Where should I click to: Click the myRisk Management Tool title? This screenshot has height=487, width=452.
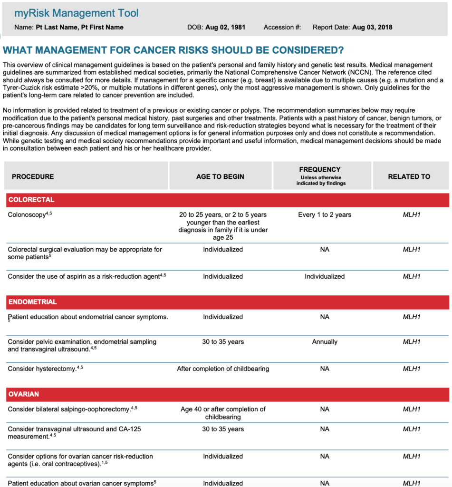[77, 13]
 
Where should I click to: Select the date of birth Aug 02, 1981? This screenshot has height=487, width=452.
[225, 27]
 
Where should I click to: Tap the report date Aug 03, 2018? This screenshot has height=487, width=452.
[372, 27]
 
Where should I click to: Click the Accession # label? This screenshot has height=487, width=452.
[282, 27]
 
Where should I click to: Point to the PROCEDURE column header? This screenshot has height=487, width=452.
[33, 176]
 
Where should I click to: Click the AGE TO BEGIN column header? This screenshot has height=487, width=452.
[220, 176]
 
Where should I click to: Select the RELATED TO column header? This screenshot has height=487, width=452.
[409, 176]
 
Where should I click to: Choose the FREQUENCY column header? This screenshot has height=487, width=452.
[320, 170]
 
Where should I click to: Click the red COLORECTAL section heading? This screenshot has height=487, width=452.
[31, 200]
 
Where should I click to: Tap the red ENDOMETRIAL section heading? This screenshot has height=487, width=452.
[32, 302]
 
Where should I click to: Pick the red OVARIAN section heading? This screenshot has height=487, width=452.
[24, 394]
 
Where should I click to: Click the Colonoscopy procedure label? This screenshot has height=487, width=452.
[27, 215]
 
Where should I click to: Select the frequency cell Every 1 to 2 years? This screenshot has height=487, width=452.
[325, 215]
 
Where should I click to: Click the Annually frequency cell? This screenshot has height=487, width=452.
[325, 342]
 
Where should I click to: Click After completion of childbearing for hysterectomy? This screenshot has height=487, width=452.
[223, 369]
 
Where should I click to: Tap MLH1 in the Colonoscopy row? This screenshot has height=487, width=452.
[412, 215]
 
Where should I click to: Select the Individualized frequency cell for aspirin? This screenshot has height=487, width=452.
[325, 276]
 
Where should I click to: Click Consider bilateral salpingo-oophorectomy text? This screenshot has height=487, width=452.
[69, 409]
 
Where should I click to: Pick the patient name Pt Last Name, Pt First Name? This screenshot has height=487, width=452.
[79, 27]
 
